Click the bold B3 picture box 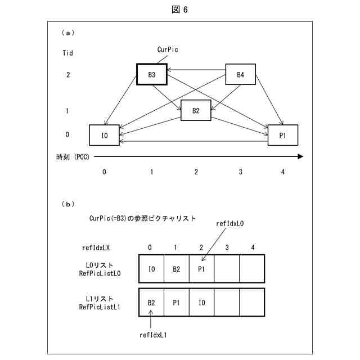(x=152, y=74)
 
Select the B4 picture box (x=240, y=74)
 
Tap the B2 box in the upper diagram (x=196, y=111)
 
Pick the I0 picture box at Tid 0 (x=104, y=135)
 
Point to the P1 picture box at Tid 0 (x=282, y=135)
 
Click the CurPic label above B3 (x=168, y=49)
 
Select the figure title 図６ (x=180, y=10)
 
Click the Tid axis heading (x=67, y=53)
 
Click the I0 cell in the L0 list (x=151, y=269)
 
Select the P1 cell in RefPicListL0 (x=202, y=269)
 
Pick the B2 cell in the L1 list (x=151, y=302)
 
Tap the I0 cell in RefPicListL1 (x=202, y=302)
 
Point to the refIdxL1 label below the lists (x=154, y=335)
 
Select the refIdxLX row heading (x=96, y=247)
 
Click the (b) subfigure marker (x=67, y=204)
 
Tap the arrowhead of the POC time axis (x=300, y=157)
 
